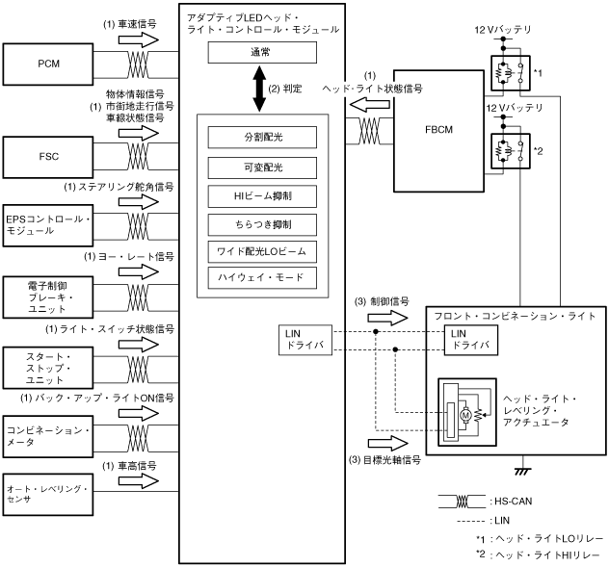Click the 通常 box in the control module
pos(262,56)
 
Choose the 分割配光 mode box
pos(262,139)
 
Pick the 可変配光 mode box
pos(262,168)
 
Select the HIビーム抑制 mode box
pos(262,196)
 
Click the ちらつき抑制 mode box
pos(262,224)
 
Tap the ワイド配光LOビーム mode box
pos(262,251)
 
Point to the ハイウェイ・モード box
pos(262,278)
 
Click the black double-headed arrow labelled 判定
pos(262,90)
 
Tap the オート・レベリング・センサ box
pos(49,494)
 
